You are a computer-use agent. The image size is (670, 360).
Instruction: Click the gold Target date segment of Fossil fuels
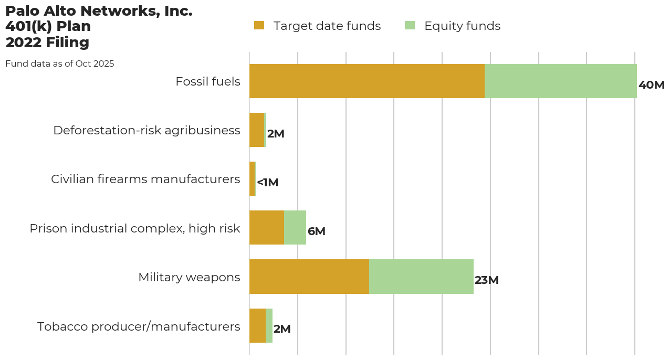pos(367,81)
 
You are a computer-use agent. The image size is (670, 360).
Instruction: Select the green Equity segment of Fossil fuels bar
pos(560,81)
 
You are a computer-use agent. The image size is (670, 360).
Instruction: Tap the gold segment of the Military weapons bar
pos(309,277)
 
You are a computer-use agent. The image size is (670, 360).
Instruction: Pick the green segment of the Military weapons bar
pos(421,277)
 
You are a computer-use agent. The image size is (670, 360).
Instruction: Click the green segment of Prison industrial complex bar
pos(295,228)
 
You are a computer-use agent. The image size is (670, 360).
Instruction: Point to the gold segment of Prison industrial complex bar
pos(267,228)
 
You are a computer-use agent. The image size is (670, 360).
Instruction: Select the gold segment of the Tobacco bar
pos(257,325)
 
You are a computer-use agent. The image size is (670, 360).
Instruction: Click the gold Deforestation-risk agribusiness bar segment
pos(257,130)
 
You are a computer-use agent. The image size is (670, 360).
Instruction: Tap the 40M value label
pos(652,85)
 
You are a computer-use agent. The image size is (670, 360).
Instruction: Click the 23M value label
pos(486,280)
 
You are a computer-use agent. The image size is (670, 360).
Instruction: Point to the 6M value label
pos(317,231)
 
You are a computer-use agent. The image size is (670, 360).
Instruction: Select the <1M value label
pos(268,183)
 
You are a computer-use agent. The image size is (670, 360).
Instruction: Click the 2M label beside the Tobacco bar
pos(282,329)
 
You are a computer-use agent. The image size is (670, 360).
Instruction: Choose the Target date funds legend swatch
pos(259,25)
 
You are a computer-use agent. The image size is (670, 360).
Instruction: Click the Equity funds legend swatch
pos(410,25)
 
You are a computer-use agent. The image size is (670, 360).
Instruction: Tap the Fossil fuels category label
pos(208,81)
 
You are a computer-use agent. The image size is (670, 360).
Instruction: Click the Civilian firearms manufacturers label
pos(145,179)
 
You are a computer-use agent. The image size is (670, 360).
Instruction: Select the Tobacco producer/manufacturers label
pos(139,326)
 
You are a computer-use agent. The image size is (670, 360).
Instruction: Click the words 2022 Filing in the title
pos(47,42)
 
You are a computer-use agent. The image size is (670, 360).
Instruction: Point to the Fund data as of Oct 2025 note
pos(59,63)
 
